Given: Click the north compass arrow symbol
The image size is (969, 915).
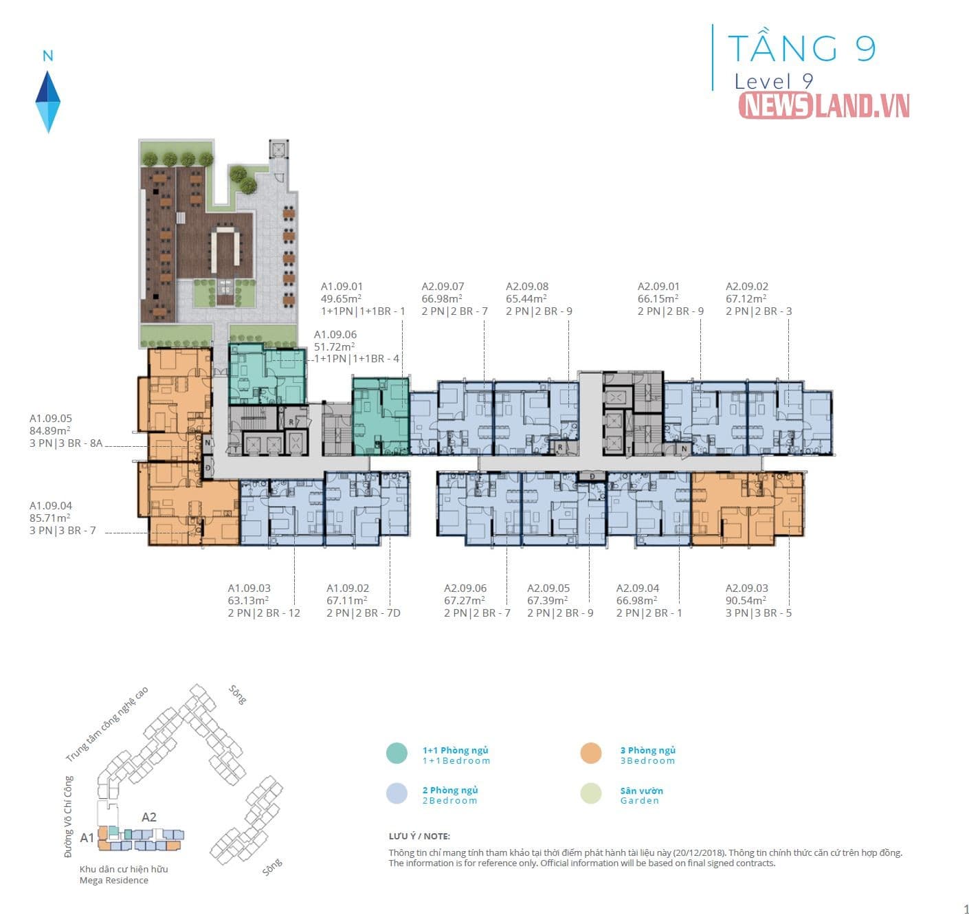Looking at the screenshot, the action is pos(48,102).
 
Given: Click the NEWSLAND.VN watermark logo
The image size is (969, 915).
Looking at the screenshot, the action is pos(823,106).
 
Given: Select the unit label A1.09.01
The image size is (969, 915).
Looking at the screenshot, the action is pos(342,287).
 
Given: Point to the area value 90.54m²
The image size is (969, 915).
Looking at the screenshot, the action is pos(746,601).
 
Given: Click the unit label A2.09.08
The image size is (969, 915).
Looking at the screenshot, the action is pos(527,287).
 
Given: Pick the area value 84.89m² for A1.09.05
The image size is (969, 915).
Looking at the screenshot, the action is pos(49,430).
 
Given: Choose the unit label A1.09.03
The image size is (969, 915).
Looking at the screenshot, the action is pos(249,588).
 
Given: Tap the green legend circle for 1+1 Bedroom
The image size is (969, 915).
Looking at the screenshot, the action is pos(397,753).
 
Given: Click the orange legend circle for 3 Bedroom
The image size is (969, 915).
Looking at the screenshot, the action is pos(591,753).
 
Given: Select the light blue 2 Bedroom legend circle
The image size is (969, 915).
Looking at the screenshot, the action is pos(397,793).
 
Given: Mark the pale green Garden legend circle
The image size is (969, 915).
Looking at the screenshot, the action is pos(591,793).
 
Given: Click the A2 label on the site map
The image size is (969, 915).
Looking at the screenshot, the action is pos(149,817).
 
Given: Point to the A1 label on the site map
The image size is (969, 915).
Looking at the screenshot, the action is pos(87,838).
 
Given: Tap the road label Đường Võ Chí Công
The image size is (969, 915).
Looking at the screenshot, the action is pos(68,817).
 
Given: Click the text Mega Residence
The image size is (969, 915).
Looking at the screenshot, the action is pos(113,881).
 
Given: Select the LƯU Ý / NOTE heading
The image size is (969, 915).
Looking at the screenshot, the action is pos(419,837).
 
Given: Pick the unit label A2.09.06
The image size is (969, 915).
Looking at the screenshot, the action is pos(465,588).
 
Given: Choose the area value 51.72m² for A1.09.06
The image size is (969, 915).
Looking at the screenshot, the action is pos(334,346).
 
